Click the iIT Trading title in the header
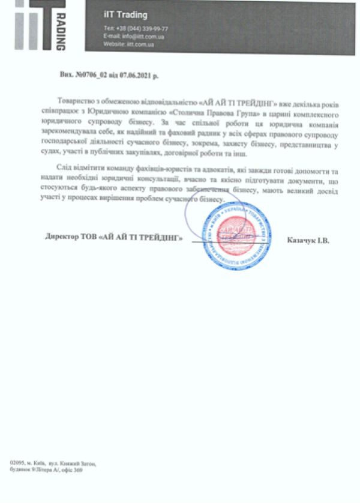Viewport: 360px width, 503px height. point(125,15)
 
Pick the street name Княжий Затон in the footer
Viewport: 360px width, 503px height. point(79,463)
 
